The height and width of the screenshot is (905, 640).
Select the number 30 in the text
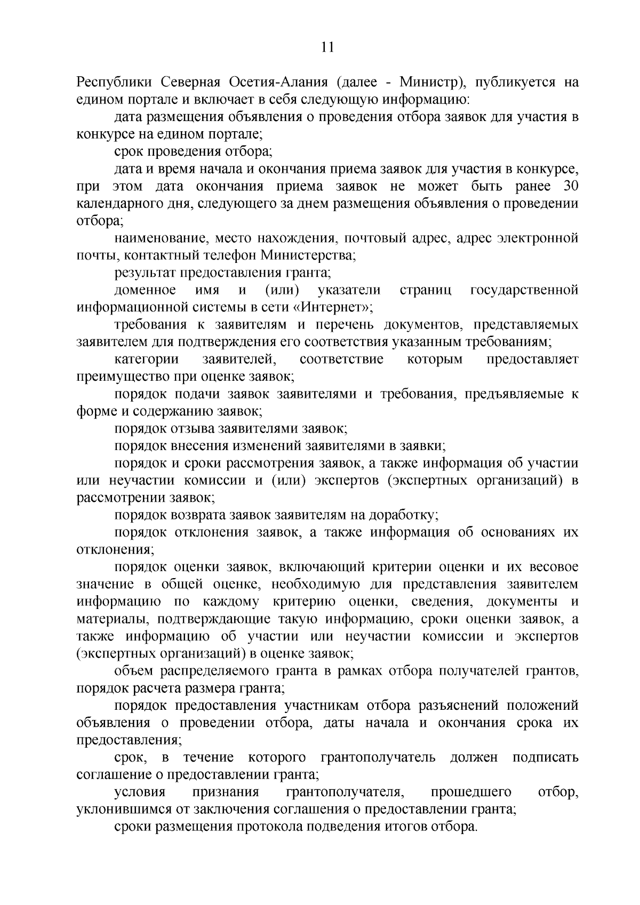[x=571, y=187]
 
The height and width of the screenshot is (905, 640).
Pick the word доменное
[x=146, y=290]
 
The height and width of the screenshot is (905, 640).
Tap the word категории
[x=147, y=359]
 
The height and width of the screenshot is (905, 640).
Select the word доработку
[x=407, y=516]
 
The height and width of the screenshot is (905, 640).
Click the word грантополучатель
[x=378, y=758]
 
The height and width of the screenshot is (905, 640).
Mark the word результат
[x=145, y=273]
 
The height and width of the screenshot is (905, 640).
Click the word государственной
[x=524, y=290]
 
